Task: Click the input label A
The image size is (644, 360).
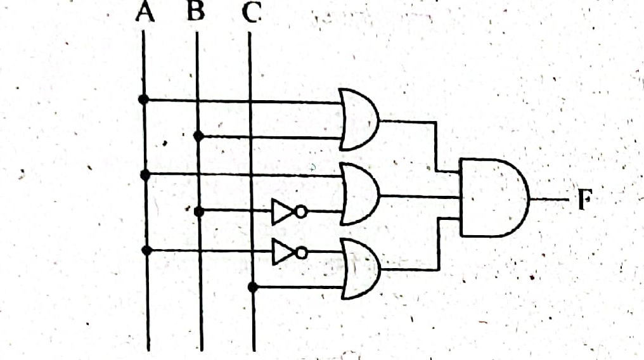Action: (145, 11)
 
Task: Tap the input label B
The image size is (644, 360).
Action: (195, 11)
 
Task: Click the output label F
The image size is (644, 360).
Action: (584, 199)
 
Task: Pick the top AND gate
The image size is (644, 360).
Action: (359, 119)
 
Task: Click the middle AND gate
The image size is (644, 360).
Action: (360, 194)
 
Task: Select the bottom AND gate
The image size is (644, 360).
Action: (361, 269)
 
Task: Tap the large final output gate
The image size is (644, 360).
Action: (494, 198)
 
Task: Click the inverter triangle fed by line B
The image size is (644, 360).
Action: (283, 212)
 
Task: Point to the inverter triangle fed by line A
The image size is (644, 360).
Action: (283, 251)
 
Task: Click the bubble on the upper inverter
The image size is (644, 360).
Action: (301, 212)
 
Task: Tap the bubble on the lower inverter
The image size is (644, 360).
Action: (302, 253)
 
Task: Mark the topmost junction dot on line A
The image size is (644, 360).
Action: (143, 100)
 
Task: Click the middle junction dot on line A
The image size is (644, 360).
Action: (145, 176)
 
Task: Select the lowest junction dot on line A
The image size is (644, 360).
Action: (146, 250)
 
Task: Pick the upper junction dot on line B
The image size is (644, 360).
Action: (198, 136)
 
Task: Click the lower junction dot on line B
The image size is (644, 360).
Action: (199, 212)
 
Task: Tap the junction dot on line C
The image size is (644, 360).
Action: (253, 287)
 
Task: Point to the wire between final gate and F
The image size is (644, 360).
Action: (550, 200)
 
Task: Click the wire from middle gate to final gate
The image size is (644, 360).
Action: (420, 196)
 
